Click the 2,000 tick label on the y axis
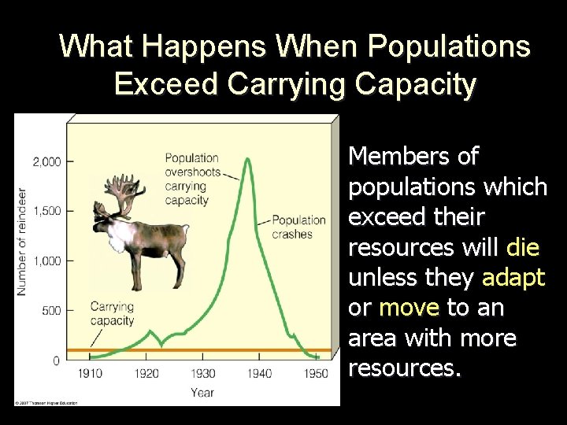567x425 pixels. (x=46, y=161)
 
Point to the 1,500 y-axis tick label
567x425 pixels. (x=46, y=211)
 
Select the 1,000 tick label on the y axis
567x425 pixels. (x=46, y=261)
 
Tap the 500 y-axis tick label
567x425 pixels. (x=50, y=310)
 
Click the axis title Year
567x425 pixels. (x=202, y=391)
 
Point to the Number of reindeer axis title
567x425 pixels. (x=22, y=241)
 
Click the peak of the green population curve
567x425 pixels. (x=248, y=159)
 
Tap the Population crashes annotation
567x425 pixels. (x=298, y=227)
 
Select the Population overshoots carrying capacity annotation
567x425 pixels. (x=191, y=179)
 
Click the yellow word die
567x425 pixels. (x=523, y=249)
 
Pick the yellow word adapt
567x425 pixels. (x=514, y=278)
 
